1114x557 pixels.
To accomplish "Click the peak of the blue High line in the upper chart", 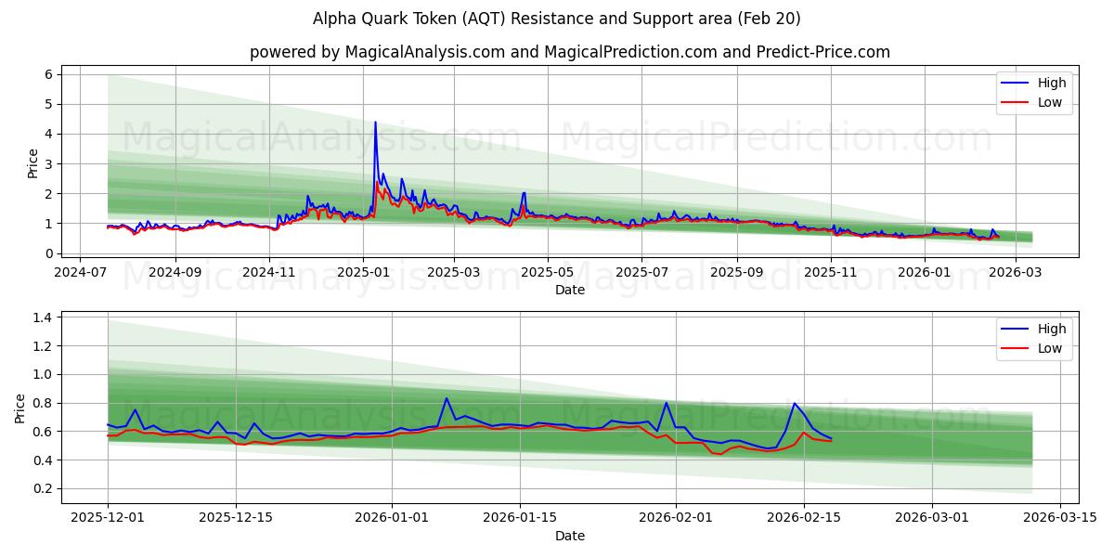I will (x=375, y=123).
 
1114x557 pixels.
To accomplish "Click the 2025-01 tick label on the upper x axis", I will (x=363, y=272).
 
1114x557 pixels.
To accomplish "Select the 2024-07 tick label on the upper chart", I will (x=80, y=272).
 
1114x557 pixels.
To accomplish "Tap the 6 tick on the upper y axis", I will (x=48, y=74).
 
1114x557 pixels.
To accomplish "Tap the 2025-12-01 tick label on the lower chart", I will (x=108, y=518).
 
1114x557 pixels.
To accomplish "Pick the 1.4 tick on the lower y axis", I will (x=43, y=317).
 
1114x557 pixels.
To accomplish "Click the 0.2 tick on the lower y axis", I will (x=43, y=489).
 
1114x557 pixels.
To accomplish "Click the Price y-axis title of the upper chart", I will (x=33, y=163).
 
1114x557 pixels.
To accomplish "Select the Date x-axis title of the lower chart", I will (x=570, y=536).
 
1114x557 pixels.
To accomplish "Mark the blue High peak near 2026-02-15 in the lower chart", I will (x=794, y=403).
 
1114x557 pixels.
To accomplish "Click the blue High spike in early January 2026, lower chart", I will (x=447, y=398).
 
